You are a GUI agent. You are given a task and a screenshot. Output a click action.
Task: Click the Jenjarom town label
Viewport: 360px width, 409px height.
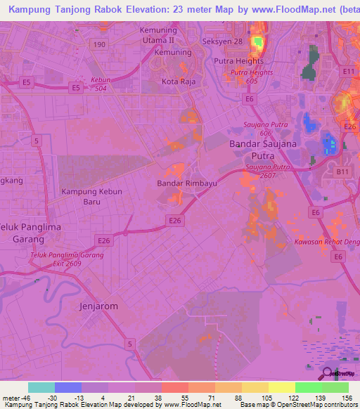(98, 306)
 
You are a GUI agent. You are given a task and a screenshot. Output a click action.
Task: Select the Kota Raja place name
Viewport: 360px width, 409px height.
(177, 82)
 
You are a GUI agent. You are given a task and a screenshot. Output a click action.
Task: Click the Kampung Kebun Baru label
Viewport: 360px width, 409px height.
(91, 196)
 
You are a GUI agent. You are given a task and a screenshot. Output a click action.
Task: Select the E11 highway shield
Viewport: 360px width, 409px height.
(347, 72)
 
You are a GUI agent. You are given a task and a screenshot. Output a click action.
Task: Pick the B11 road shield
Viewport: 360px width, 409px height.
(341, 171)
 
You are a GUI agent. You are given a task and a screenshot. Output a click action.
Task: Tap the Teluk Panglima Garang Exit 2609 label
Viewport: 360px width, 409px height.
(66, 259)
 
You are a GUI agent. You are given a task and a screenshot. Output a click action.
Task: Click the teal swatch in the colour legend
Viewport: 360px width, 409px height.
(41, 387)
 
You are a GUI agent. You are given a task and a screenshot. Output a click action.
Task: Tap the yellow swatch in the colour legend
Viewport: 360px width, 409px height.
(281, 387)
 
